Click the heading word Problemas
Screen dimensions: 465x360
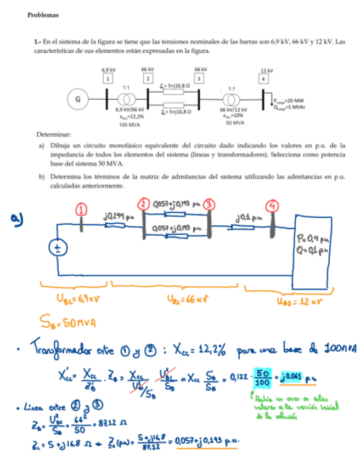coord(43,15)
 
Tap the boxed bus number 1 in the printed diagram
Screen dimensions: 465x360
coord(108,79)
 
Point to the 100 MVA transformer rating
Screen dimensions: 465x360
coord(130,124)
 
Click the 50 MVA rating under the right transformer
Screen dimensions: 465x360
coord(235,123)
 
